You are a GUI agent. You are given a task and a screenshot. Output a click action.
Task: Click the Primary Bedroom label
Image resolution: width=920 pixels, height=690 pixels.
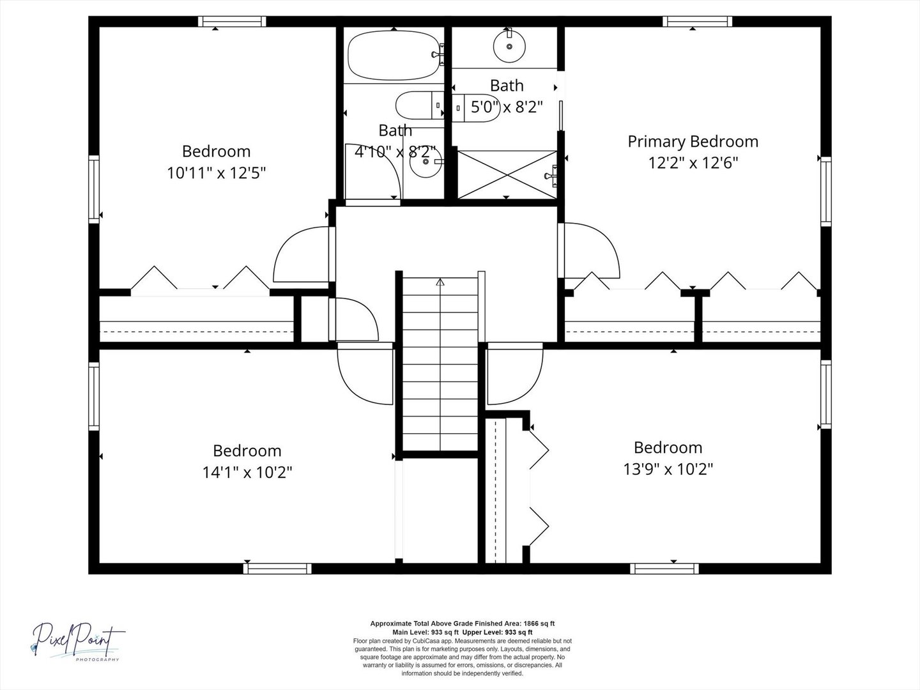click(693, 142)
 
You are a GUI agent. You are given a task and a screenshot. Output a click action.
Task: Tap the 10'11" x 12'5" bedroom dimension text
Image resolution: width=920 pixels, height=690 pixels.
click(217, 172)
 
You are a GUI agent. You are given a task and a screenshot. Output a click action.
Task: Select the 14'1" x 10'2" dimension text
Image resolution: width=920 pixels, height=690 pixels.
click(247, 473)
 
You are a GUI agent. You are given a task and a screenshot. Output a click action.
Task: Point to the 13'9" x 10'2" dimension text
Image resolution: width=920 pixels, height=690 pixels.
click(668, 469)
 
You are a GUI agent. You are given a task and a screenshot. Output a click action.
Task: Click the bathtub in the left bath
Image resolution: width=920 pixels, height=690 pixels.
click(394, 56)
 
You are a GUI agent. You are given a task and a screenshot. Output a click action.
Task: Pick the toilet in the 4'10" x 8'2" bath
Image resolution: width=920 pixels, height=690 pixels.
click(420, 105)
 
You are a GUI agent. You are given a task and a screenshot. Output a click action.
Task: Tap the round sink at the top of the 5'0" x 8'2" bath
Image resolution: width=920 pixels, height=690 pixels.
click(509, 46)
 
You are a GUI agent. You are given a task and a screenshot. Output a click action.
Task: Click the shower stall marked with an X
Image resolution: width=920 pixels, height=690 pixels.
click(507, 174)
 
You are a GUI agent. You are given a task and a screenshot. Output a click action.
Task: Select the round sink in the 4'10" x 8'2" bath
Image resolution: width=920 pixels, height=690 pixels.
click(426, 162)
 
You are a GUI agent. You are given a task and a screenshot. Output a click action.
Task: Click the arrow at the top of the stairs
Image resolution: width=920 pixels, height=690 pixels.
click(440, 282)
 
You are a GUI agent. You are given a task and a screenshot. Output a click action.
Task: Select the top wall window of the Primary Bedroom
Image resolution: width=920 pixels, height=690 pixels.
click(698, 21)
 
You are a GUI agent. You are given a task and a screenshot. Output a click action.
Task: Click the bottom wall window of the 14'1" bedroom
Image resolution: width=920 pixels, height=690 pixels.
click(277, 569)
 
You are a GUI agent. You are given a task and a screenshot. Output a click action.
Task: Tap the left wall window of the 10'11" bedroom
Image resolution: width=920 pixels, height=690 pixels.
click(94, 189)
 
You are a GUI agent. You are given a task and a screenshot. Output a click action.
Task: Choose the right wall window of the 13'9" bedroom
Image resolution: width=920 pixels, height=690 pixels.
click(825, 395)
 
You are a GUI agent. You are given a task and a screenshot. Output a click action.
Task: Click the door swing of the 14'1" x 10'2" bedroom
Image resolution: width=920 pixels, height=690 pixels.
click(365, 374)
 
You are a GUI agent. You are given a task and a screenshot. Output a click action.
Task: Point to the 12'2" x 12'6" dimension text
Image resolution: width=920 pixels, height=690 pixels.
click(693, 162)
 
